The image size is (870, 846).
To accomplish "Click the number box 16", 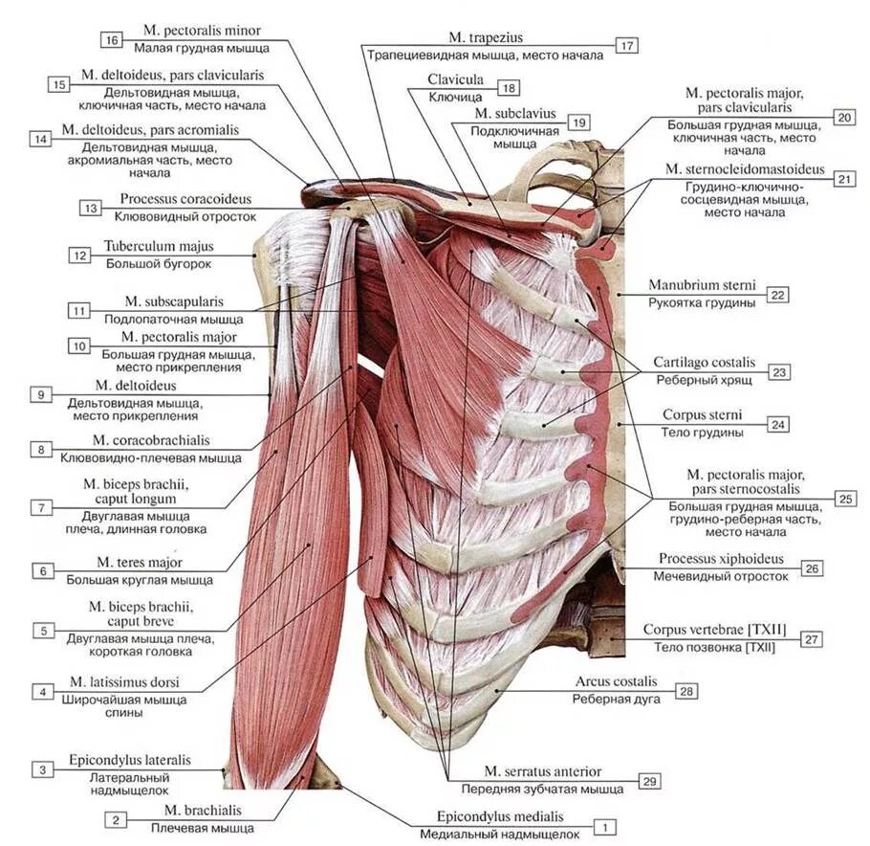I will coord(112,39).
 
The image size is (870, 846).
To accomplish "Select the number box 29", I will coord(649,782).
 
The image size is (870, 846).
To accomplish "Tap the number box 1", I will coord(604,825).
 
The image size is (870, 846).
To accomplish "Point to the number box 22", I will coord(777,295).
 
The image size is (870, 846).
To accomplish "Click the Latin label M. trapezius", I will coord(485,38).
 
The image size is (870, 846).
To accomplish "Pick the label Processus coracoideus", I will coord(185,199).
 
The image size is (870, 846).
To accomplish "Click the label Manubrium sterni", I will coord(702,285).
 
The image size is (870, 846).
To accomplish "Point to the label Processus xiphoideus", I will coord(721,558).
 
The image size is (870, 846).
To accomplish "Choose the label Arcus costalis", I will coord(616,681).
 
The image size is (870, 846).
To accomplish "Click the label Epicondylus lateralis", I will coord(129,760).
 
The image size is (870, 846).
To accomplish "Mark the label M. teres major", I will coord(139,562).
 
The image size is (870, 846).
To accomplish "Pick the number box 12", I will coord(78,256).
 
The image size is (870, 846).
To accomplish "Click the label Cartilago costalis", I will coord(704,363).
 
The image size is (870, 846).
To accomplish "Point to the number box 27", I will coord(812,638).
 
